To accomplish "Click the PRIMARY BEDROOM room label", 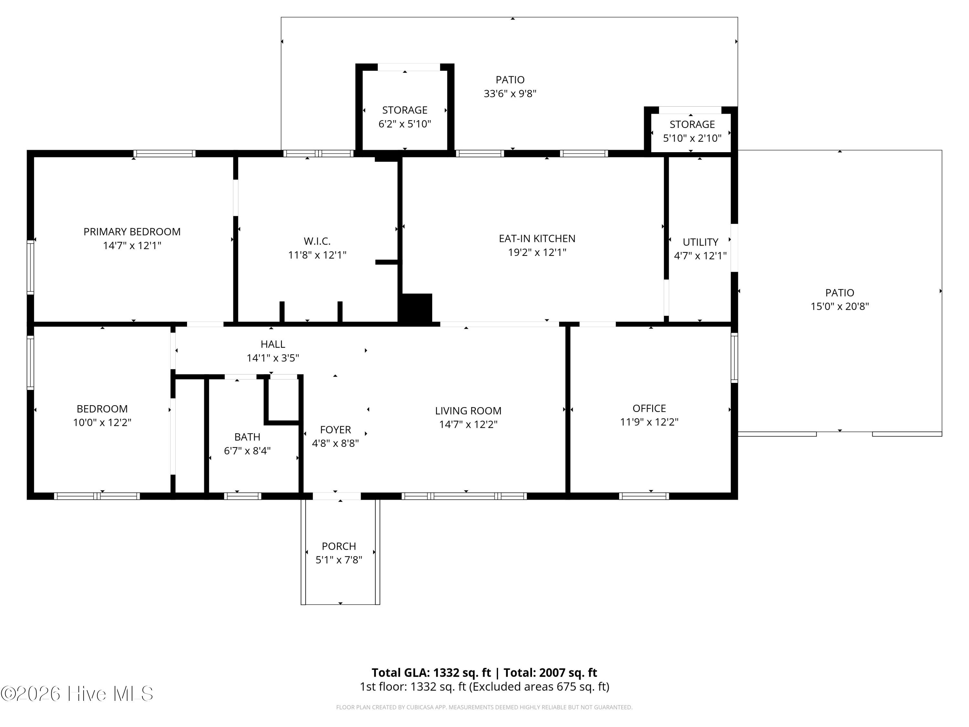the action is coord(132,232).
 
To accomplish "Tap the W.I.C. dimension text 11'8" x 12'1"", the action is coord(317,255).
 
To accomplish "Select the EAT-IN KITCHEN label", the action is coord(537,238).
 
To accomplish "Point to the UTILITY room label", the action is coord(701,242).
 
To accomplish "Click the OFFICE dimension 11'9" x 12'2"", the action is coord(649,422).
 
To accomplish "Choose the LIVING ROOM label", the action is coord(468,411).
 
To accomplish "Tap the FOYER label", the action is coord(336,429).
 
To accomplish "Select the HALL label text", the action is coord(273,344).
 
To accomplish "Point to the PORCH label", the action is coord(339,546).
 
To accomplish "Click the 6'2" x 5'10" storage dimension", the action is coord(405,124).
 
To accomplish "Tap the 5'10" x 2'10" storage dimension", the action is coord(692,139).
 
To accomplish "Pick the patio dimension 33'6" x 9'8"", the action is coord(510,94).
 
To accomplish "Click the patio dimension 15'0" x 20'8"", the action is coord(840,306).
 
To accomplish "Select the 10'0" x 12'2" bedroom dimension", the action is coord(102,422).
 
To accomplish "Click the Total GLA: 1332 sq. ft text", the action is coord(432,673).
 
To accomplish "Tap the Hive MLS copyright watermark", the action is coord(77,694).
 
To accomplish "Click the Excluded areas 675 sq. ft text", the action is coord(539,687).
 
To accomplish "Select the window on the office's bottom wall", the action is coord(644,496).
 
